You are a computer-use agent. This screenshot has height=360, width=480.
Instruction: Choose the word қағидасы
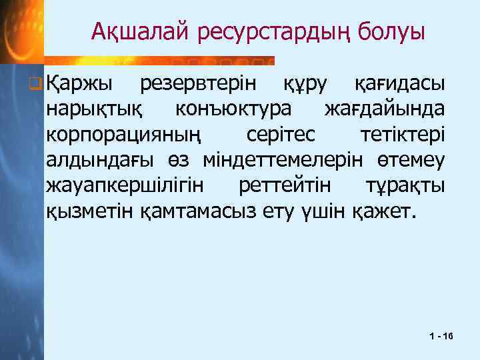tap(399, 84)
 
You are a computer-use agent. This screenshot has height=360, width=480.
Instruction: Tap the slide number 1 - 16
tap(441, 338)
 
